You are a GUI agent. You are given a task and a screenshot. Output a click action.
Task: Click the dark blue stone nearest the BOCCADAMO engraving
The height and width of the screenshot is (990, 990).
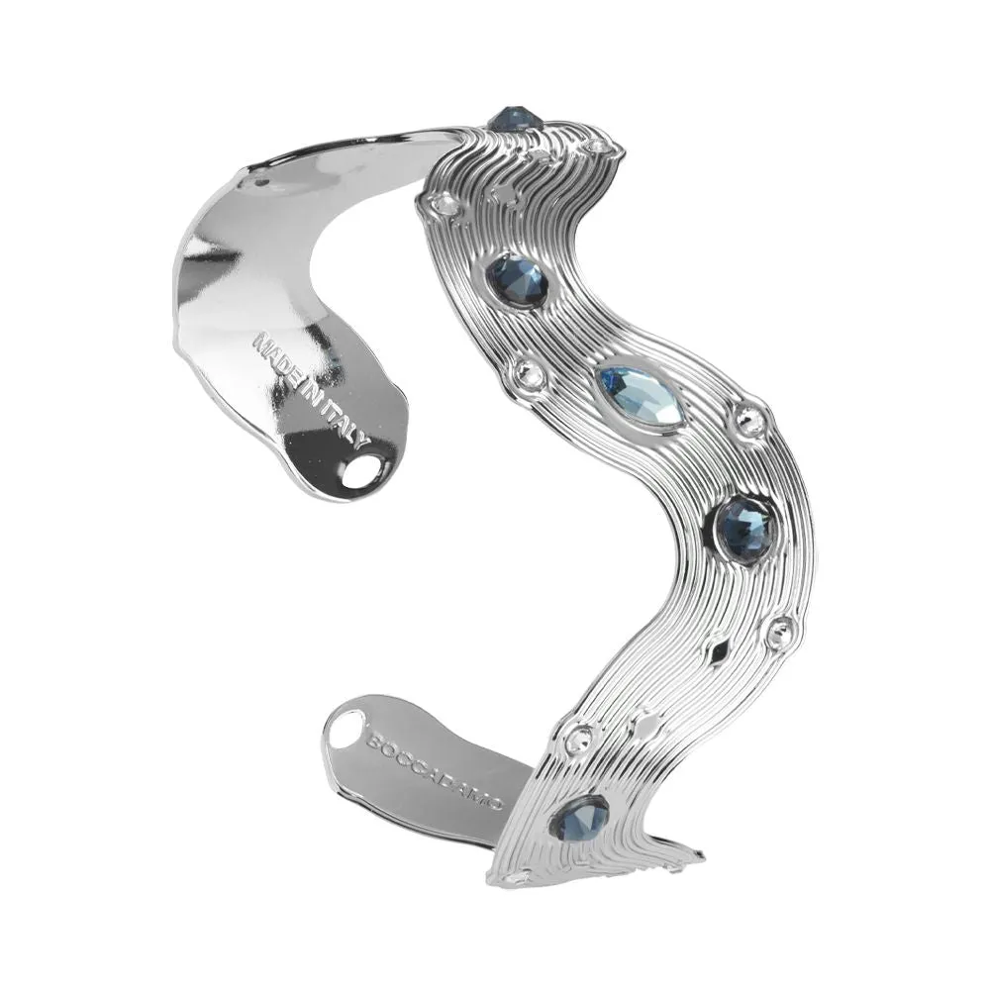pos(580,818)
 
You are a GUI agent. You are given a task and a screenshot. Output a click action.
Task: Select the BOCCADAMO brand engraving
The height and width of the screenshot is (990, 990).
pos(437,770)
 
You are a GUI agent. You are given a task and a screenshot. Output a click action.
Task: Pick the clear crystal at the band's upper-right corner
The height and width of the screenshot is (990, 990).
pos(598,148)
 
